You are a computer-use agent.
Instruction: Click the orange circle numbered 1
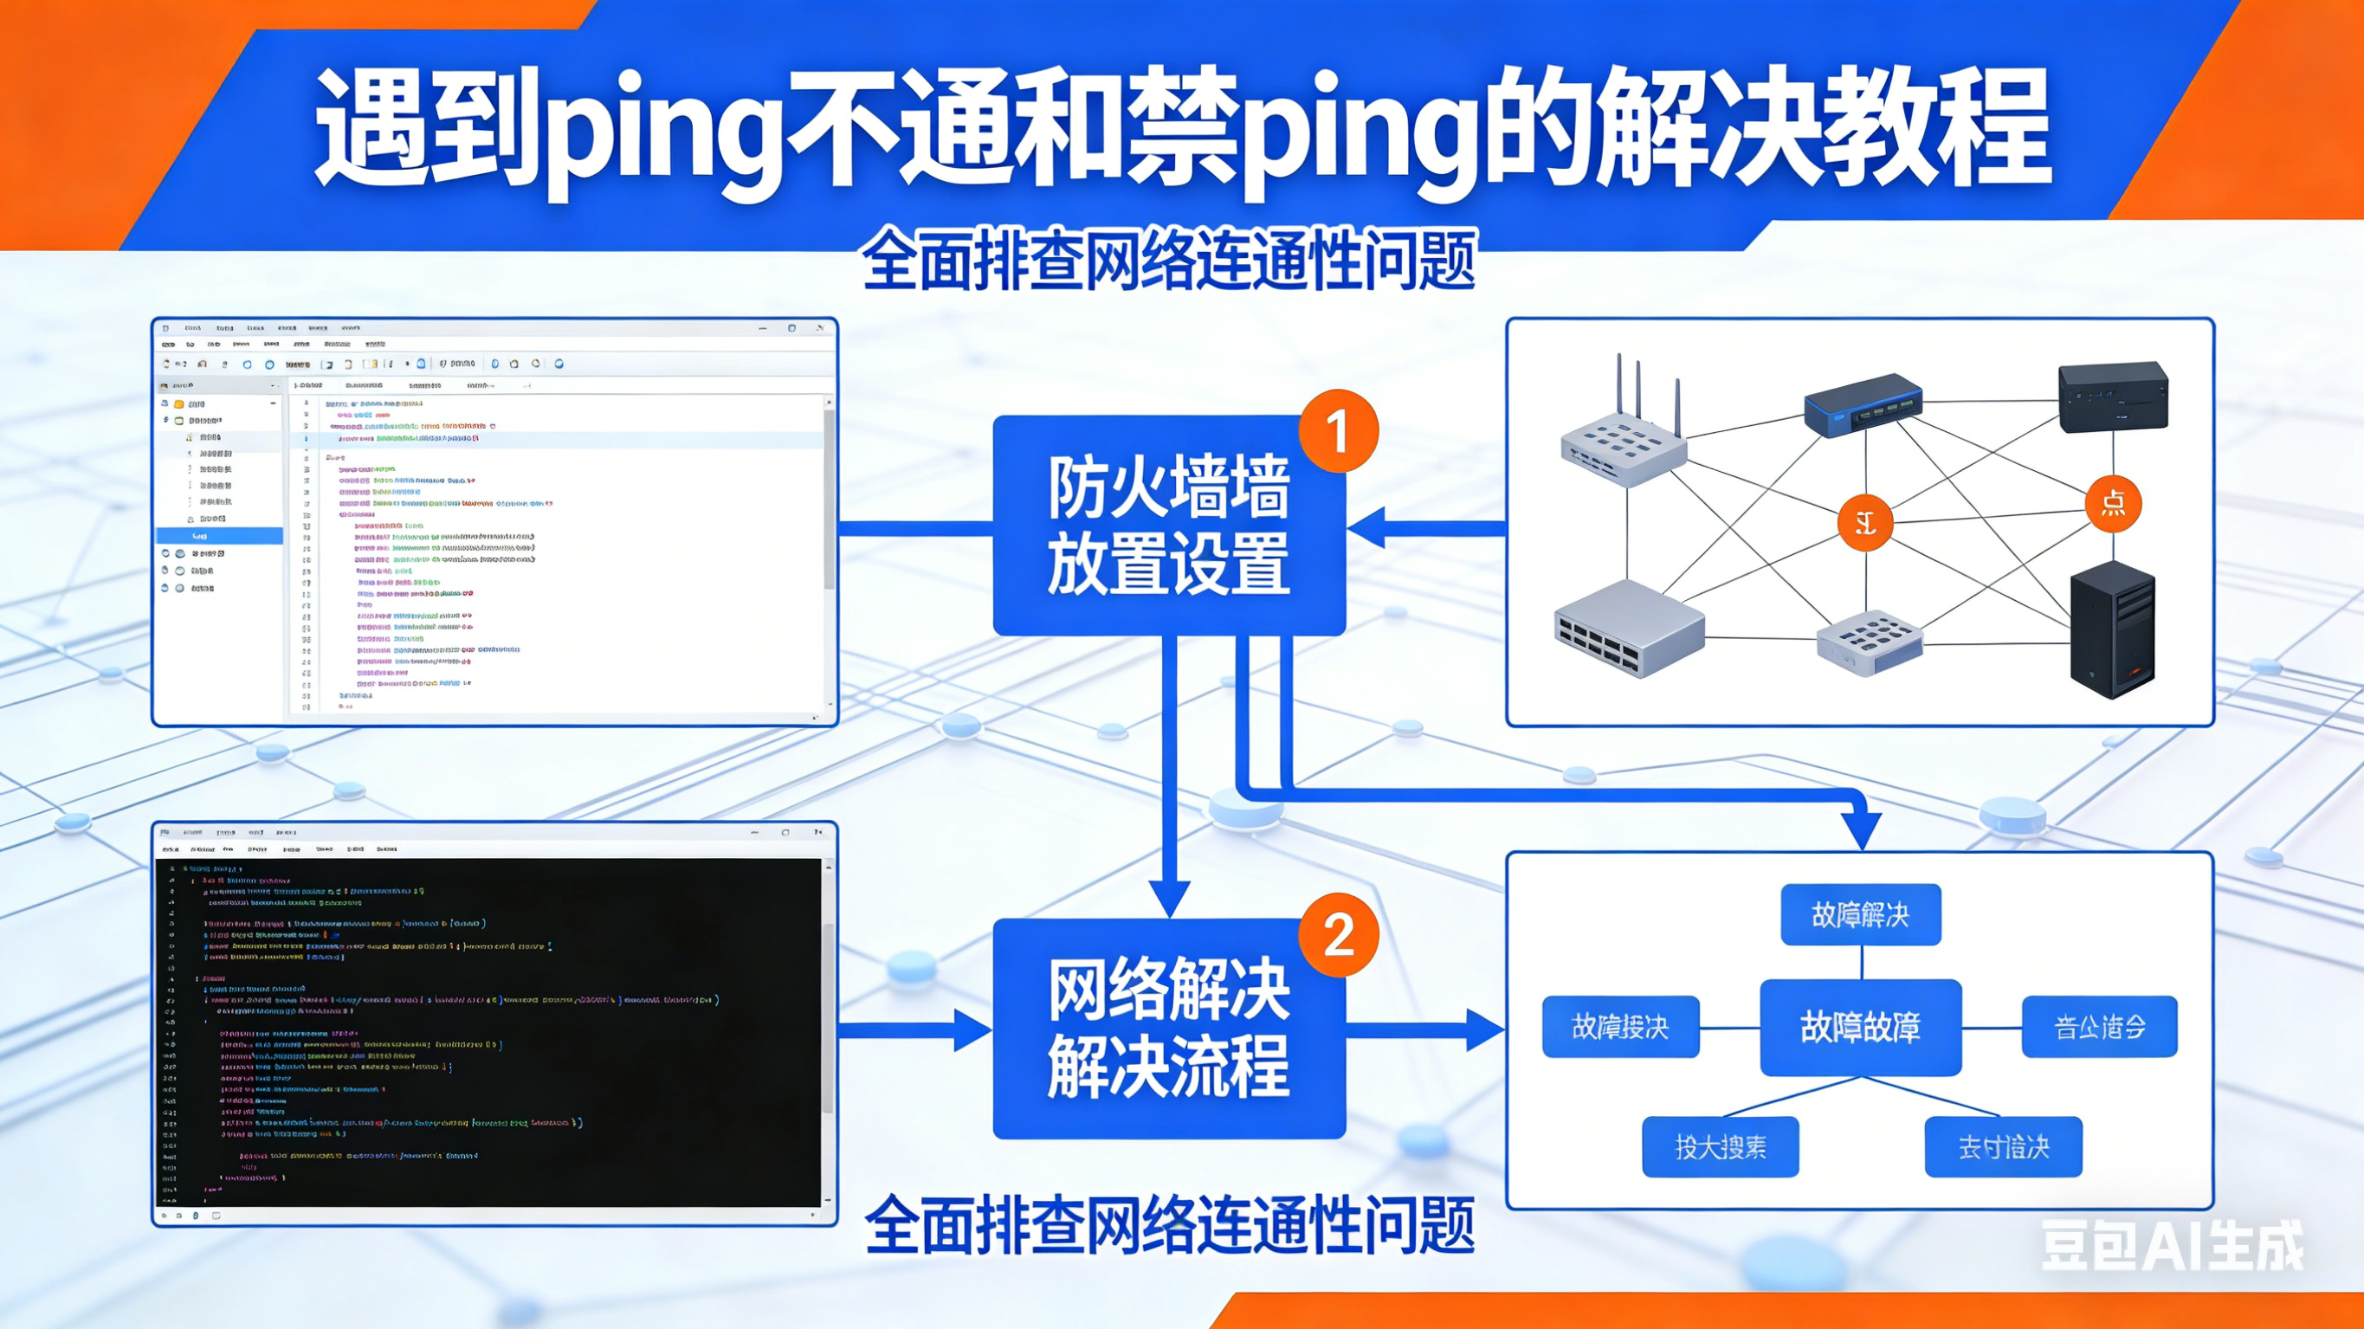[1338, 430]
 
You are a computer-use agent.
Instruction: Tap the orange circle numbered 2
[1338, 934]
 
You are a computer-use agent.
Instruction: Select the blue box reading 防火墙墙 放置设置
[1168, 525]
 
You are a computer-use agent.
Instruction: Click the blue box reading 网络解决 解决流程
[1168, 1029]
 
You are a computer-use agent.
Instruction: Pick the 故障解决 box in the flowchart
[1860, 914]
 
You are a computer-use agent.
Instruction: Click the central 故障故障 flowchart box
[1860, 1027]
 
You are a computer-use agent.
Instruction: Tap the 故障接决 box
[1620, 1027]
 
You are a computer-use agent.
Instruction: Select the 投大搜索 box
[1720, 1147]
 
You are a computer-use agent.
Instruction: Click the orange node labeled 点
[2113, 503]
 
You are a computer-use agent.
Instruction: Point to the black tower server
[2112, 629]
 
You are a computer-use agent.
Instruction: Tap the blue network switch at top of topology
[1863, 404]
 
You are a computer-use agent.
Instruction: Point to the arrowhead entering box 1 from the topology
[1367, 528]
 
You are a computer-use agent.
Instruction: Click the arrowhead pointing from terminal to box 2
[972, 1029]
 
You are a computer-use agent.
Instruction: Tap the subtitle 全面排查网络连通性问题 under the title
[1168, 261]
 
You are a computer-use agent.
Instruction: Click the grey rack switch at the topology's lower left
[1629, 629]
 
